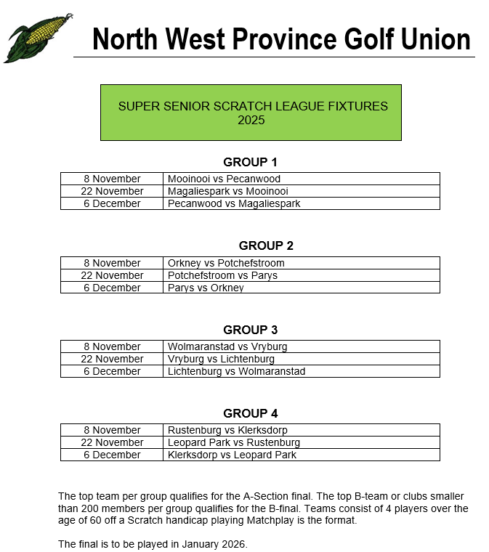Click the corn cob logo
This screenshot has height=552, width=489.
(x=38, y=38)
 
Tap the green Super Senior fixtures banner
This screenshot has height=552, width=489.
(x=251, y=113)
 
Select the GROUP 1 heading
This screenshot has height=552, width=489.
(x=250, y=162)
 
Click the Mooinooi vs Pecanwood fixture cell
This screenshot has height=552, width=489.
(x=224, y=179)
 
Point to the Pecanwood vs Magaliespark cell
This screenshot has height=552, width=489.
(x=234, y=203)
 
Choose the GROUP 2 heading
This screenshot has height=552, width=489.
(x=266, y=245)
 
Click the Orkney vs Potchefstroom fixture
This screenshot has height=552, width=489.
(x=226, y=263)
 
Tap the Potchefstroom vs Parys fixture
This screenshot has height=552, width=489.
(x=222, y=275)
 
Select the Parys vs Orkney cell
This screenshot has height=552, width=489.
(x=206, y=288)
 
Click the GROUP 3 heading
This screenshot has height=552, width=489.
(x=250, y=330)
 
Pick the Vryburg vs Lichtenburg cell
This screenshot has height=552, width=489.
(x=221, y=359)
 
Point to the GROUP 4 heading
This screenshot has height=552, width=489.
(x=250, y=413)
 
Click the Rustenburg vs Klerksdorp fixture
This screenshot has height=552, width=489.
(x=227, y=430)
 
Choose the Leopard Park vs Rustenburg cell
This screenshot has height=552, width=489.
(x=233, y=442)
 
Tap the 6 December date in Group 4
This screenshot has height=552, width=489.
(x=112, y=455)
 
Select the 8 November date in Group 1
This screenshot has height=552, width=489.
(x=112, y=179)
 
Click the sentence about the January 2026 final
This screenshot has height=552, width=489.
(x=153, y=544)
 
